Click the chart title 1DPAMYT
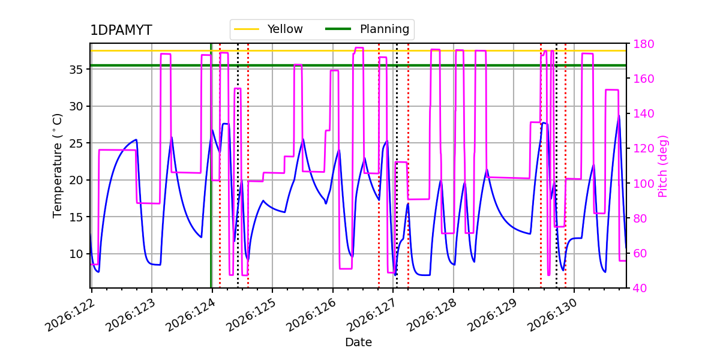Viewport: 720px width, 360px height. [121, 30]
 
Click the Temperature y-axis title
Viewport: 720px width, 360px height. [57, 166]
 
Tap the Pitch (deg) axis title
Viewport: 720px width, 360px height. [663, 166]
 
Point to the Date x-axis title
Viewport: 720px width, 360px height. [358, 343]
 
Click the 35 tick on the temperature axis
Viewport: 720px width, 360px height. [76, 70]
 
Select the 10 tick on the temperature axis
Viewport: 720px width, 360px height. [76, 254]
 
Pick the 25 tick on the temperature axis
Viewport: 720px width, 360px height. [76, 143]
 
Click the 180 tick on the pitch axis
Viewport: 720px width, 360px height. [643, 44]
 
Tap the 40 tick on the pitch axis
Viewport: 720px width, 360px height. [640, 288]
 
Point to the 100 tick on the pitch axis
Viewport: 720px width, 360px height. [643, 184]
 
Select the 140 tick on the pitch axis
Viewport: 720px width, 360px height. [643, 113]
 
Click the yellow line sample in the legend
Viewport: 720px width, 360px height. [247, 29]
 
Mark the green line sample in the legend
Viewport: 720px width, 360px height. [338, 29]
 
